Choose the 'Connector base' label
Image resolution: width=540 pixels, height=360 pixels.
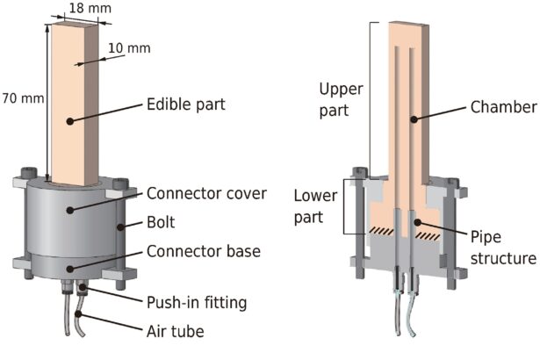[203, 252]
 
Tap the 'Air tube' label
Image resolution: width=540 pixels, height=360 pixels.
[174, 332]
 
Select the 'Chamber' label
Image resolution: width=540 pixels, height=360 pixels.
[502, 106]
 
